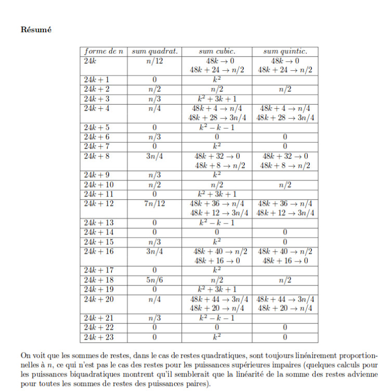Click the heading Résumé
point(36,30)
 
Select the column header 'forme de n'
point(104,51)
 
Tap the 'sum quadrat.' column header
point(155,51)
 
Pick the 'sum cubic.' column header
point(217,51)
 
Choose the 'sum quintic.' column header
point(285,51)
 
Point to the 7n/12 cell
point(155,204)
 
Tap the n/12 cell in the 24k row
point(155,61)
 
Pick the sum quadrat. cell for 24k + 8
point(155,156)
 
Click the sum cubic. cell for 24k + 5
point(217,127)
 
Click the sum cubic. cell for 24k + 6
point(217,137)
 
